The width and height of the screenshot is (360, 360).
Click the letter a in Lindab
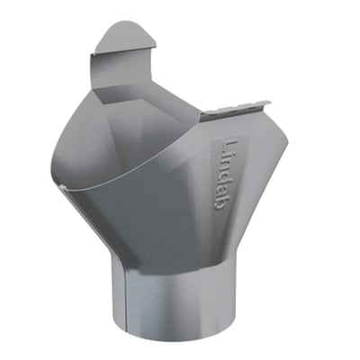coord(222,192)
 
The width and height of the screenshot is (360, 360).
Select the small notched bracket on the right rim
coord(236,110)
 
